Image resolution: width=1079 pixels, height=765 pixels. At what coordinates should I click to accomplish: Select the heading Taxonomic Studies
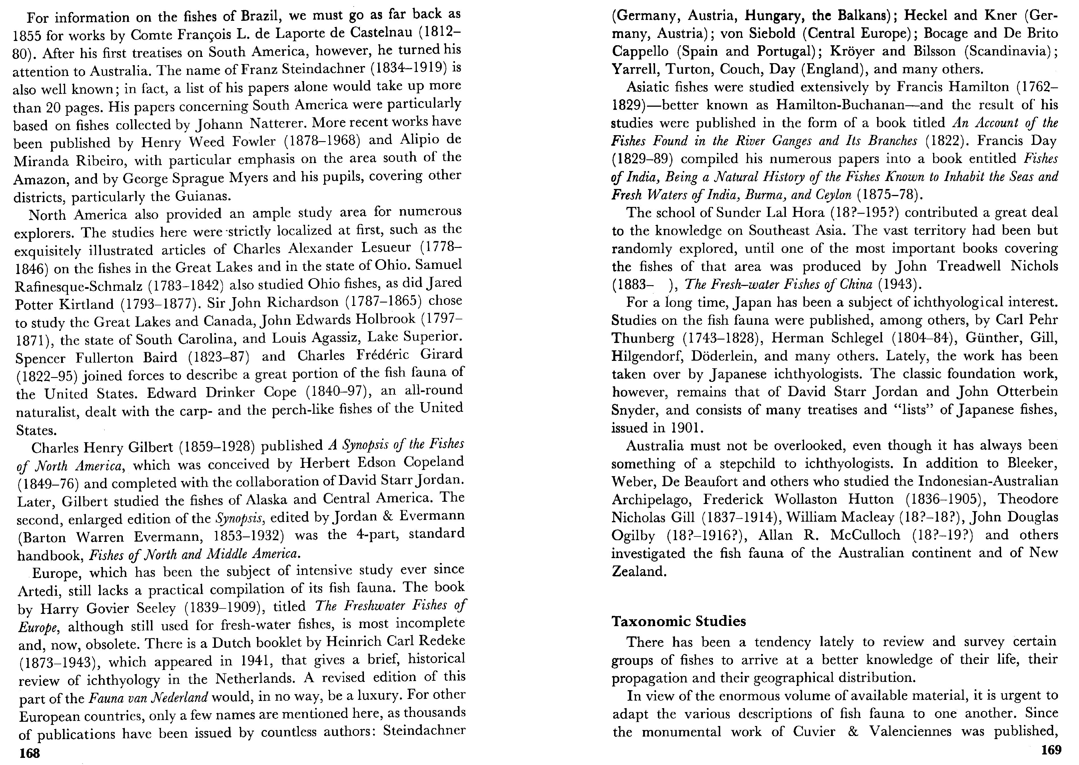(x=679, y=621)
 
